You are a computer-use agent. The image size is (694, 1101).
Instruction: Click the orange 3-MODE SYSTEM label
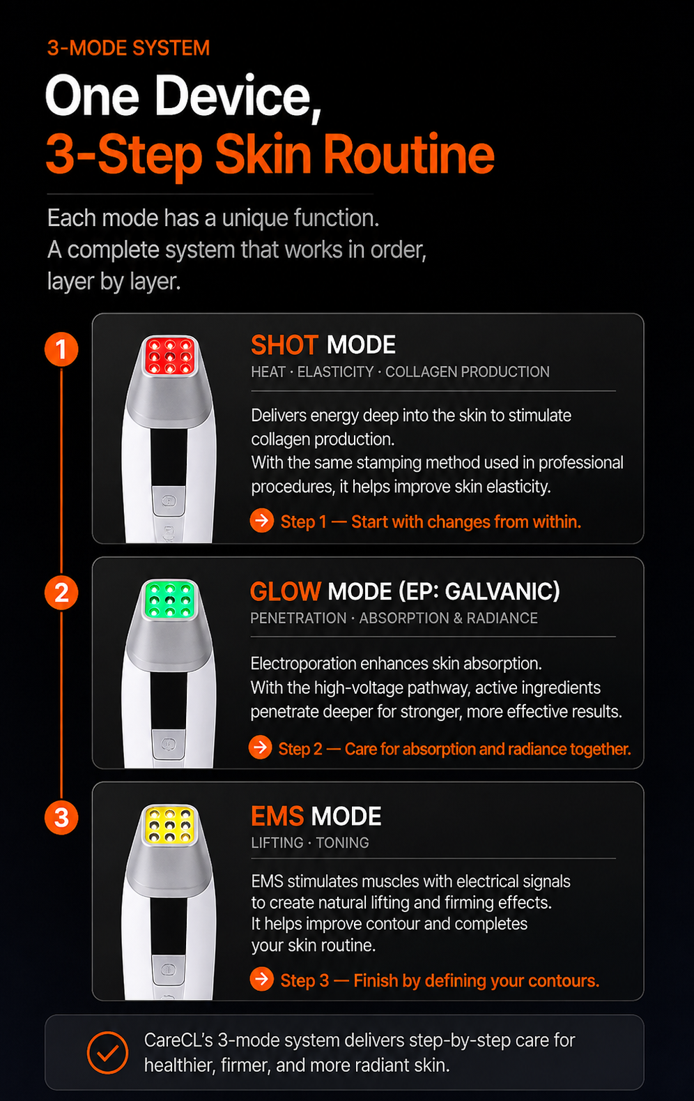128,48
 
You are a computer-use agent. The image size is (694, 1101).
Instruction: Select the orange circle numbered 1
61,349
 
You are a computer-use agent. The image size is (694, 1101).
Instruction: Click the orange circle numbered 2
61,593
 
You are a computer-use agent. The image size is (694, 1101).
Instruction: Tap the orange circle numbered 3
61,817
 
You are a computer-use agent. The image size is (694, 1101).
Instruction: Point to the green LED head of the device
170,599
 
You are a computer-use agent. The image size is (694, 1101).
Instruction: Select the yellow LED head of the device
170,824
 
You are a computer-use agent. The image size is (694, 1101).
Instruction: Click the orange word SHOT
284,344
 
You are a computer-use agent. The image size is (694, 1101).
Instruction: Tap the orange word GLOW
286,591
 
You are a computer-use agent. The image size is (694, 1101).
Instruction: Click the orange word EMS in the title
277,816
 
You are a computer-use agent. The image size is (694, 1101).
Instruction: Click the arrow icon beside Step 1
262,520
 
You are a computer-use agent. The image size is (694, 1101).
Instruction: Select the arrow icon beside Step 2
261,747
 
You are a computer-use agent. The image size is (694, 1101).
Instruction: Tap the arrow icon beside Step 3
262,978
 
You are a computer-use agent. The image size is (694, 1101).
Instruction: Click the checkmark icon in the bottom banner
107,1052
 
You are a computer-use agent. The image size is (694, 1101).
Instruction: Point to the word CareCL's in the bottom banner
178,1040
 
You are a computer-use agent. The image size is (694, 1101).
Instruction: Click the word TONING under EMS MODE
342,842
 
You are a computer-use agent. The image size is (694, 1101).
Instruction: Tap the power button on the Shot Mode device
169,501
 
